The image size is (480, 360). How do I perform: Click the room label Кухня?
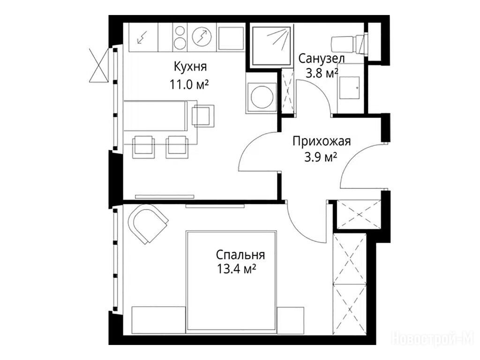tap(190, 67)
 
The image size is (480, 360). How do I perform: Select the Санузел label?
tap(321, 59)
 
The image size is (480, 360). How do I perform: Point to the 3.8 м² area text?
tap(321, 74)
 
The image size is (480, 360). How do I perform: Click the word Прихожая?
tap(322, 142)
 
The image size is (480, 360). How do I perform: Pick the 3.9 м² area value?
tap(321, 158)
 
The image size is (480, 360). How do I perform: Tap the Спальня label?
tap(240, 255)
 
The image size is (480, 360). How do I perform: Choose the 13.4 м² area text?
tap(236, 270)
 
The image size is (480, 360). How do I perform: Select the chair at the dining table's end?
tap(203, 116)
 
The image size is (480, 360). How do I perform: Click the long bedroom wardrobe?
tap(350, 284)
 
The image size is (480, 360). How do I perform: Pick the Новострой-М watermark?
tap(433, 339)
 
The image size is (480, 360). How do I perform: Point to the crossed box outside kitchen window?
tap(98, 65)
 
